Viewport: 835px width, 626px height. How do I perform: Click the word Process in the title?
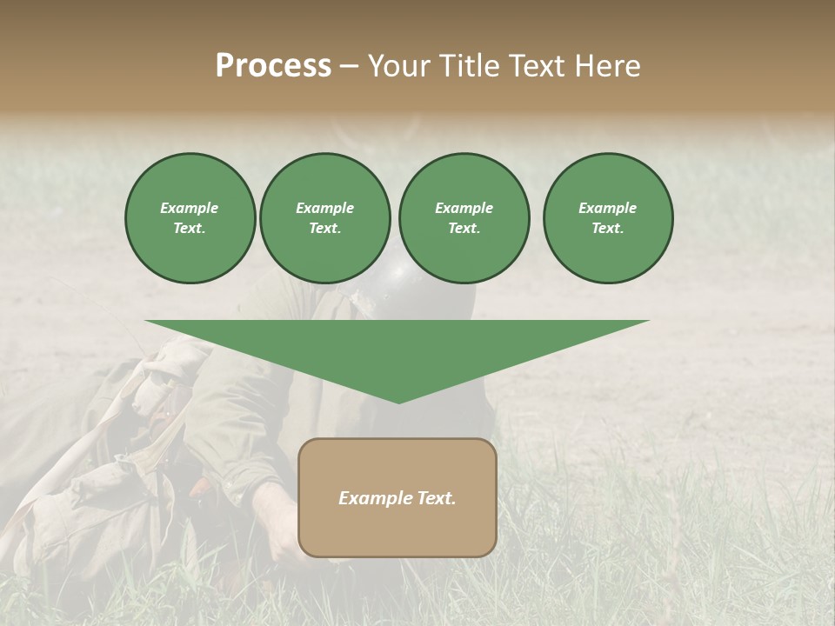tap(273, 66)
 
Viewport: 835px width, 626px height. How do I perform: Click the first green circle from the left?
tap(190, 218)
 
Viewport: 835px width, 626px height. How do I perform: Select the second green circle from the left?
tap(324, 218)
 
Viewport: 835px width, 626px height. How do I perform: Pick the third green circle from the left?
tap(464, 218)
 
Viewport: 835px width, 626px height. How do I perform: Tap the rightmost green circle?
tap(607, 218)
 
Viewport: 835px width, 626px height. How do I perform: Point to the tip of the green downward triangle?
tap(398, 402)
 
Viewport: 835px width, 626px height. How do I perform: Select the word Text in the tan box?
tap(435, 498)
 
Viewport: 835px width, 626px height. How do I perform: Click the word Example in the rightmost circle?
tap(607, 208)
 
